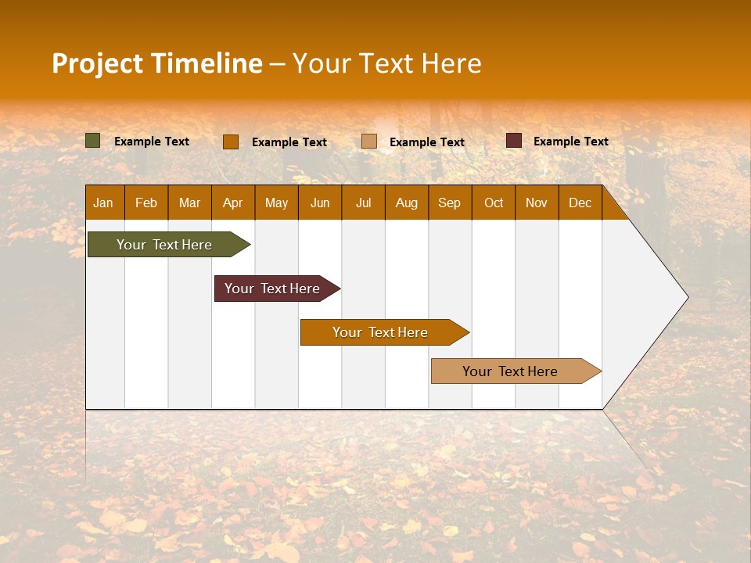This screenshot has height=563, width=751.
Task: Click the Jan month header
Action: (103, 203)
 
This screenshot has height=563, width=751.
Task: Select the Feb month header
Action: (146, 203)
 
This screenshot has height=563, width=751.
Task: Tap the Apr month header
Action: (233, 203)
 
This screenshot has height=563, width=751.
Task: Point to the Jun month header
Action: (320, 203)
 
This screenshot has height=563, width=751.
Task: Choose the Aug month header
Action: (407, 203)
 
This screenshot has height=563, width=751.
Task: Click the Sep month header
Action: (450, 203)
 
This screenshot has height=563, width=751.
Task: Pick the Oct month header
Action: (494, 203)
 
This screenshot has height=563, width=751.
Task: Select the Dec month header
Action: (580, 203)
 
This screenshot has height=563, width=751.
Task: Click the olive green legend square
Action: (93, 141)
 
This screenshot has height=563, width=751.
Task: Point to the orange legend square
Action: (231, 142)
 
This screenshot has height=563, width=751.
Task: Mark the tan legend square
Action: (369, 142)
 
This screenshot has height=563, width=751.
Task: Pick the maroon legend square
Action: (514, 141)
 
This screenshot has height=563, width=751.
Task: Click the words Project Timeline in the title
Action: (157, 63)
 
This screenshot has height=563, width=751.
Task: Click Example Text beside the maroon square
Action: (571, 142)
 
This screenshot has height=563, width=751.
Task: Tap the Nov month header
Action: (537, 203)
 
